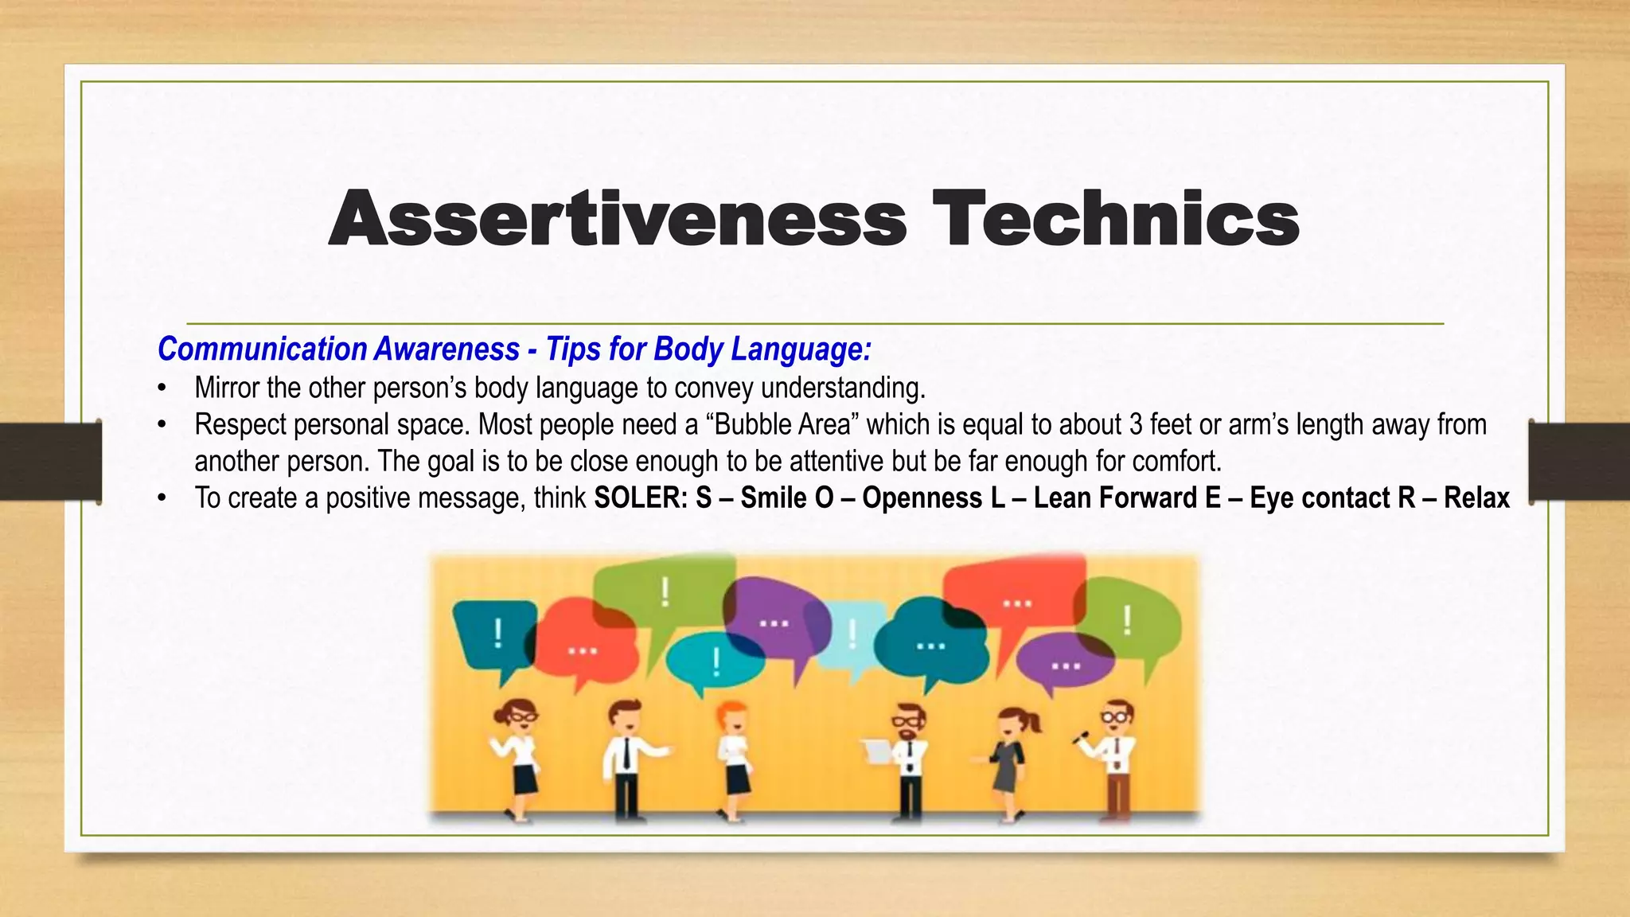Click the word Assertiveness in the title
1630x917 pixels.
coord(617,218)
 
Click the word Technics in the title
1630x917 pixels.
coord(1116,218)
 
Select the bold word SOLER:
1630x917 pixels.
coord(641,498)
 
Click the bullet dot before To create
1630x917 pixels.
coord(162,498)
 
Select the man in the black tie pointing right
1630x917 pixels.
coord(627,756)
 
